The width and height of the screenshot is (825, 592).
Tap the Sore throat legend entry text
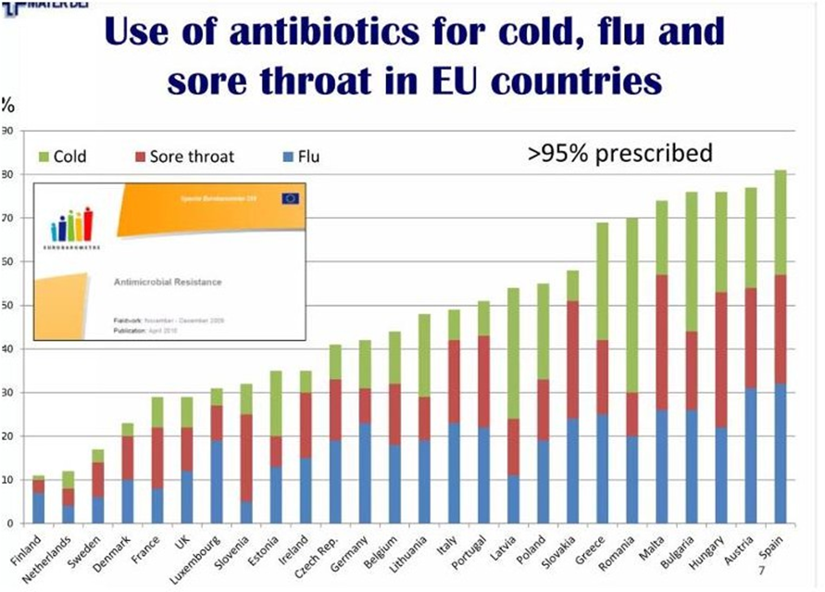[192, 156]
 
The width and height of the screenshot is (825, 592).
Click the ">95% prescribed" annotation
[619, 153]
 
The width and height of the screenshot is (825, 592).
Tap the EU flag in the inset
[293, 197]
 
